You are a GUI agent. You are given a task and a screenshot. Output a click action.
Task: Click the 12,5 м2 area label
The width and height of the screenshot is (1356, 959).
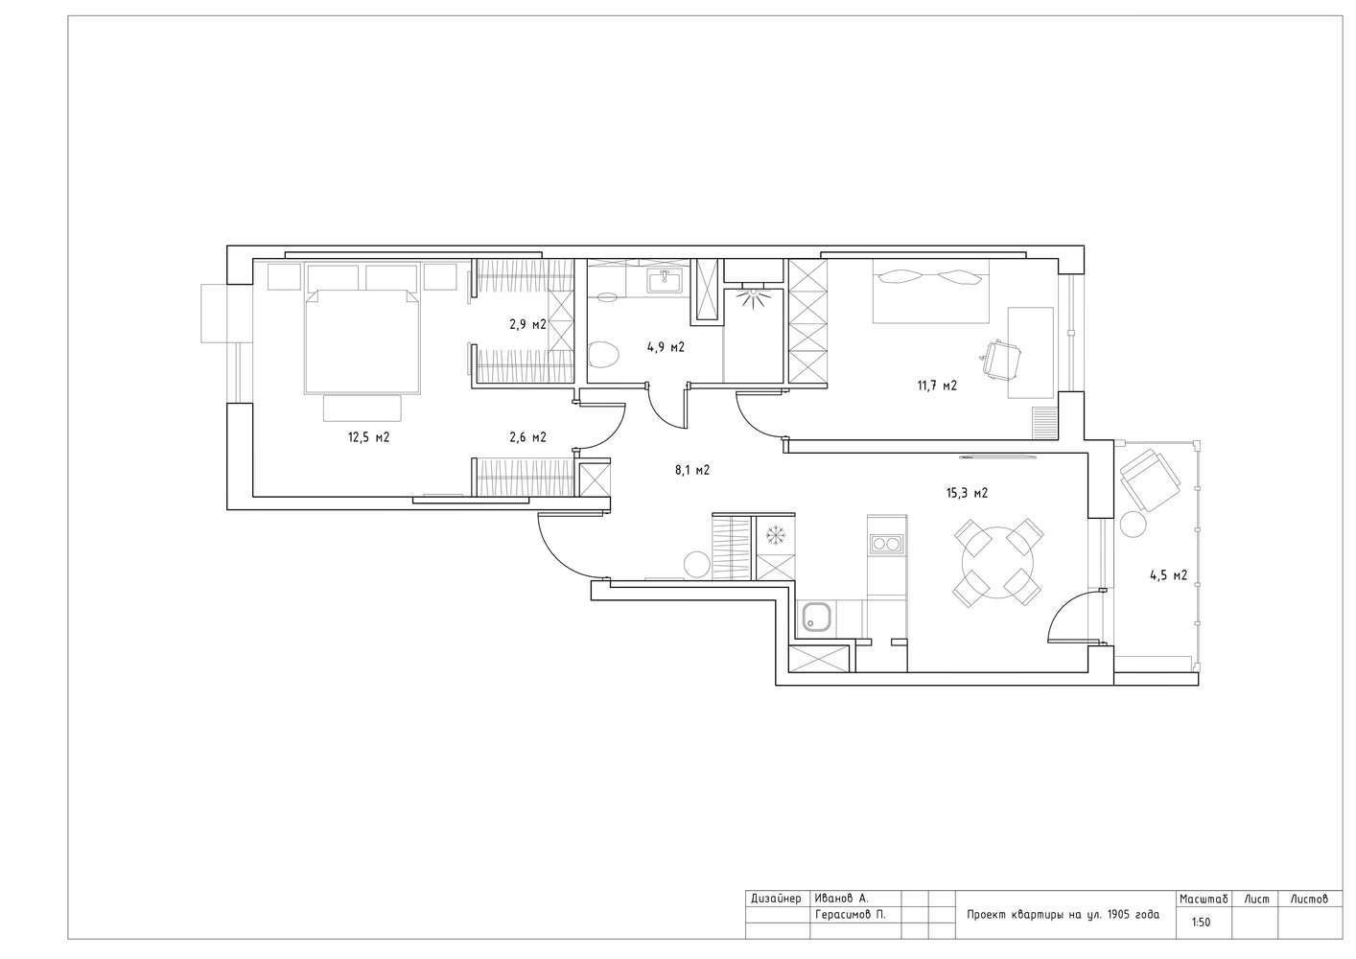(x=368, y=437)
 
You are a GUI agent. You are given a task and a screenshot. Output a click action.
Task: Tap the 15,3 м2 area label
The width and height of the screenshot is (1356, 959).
(x=967, y=493)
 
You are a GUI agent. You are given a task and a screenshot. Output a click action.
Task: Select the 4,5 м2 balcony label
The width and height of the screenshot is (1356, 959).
(x=1168, y=575)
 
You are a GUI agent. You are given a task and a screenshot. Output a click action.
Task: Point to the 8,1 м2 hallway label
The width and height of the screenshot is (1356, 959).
(x=692, y=470)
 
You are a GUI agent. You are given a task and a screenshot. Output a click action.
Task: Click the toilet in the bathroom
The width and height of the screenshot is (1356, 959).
(x=603, y=354)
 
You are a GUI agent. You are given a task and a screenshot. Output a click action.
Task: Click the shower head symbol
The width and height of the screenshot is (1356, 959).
(x=752, y=298)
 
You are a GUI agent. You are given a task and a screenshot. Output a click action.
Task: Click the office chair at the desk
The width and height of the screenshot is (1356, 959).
(x=1000, y=360)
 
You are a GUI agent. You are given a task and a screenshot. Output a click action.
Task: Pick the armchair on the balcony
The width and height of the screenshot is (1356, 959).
(x=1150, y=479)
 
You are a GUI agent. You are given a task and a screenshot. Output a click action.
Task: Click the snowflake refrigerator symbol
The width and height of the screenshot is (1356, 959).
(x=775, y=535)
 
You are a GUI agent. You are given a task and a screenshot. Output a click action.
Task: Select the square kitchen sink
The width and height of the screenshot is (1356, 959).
(x=818, y=619)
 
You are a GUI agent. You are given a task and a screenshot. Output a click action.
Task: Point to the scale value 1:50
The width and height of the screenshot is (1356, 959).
(x=1201, y=922)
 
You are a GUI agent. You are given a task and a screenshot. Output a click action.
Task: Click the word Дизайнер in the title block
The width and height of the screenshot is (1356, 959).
(x=776, y=899)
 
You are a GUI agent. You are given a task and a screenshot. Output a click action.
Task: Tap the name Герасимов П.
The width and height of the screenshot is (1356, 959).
(x=850, y=914)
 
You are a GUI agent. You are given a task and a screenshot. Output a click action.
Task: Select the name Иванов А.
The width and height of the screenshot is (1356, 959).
(x=841, y=899)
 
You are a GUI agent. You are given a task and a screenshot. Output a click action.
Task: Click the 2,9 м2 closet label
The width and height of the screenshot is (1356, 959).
(x=527, y=324)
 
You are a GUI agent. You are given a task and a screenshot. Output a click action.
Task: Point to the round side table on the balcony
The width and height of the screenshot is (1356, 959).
(x=1133, y=524)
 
